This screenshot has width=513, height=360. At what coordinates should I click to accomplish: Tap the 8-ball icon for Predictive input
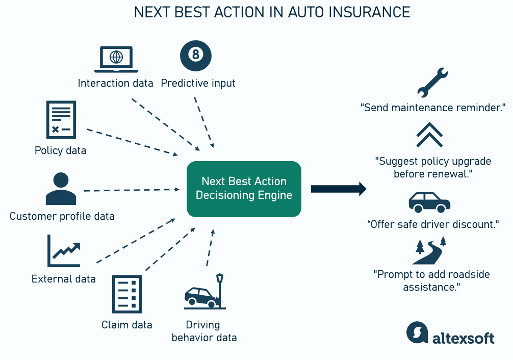[x=196, y=56]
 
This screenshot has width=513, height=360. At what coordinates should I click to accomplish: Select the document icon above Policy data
[x=61, y=119]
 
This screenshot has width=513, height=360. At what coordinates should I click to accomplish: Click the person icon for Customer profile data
[x=61, y=188]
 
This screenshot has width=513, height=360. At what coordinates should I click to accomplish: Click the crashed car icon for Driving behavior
[x=204, y=292]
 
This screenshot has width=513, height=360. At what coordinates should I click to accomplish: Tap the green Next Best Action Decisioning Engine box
[x=244, y=189]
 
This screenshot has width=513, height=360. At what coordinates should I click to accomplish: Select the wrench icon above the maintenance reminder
[x=432, y=83]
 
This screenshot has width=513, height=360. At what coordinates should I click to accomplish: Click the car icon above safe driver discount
[x=429, y=202]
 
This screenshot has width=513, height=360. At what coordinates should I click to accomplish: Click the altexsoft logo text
[x=463, y=337]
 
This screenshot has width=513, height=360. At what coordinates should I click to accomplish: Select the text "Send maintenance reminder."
[x=432, y=108]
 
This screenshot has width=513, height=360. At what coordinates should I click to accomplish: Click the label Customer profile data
[x=62, y=216]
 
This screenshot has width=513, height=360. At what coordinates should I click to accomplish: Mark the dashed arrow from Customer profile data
[x=131, y=190]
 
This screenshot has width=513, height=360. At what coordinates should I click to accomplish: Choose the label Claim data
[x=126, y=325]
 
